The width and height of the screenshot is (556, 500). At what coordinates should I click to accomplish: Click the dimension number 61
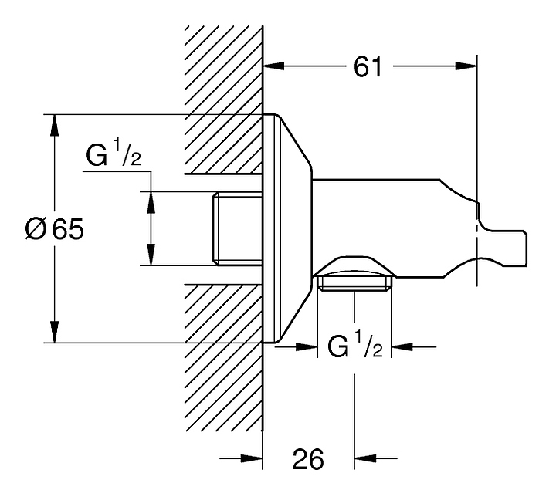click(x=368, y=67)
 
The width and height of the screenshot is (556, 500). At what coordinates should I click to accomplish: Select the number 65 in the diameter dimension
click(x=67, y=229)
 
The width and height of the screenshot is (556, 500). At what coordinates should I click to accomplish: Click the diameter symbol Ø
click(x=36, y=229)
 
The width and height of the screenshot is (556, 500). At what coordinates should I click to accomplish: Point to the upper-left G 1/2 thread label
click(x=113, y=157)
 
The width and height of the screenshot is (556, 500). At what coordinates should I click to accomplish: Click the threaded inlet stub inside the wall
click(x=236, y=228)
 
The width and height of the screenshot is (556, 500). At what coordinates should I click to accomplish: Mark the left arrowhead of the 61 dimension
click(x=273, y=67)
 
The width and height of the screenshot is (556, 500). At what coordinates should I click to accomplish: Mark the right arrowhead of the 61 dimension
click(x=468, y=67)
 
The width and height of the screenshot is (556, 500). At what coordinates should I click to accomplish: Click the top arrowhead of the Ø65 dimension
click(x=54, y=124)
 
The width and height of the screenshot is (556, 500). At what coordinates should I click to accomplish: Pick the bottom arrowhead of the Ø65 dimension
click(x=54, y=333)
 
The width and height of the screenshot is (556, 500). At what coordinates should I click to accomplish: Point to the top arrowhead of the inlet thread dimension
click(x=151, y=200)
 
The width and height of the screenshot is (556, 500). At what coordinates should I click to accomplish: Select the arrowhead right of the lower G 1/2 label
click(x=402, y=347)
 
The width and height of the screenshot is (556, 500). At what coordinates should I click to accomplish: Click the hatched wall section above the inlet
click(x=224, y=100)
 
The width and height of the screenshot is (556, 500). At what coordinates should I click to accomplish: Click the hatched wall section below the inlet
click(x=224, y=363)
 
